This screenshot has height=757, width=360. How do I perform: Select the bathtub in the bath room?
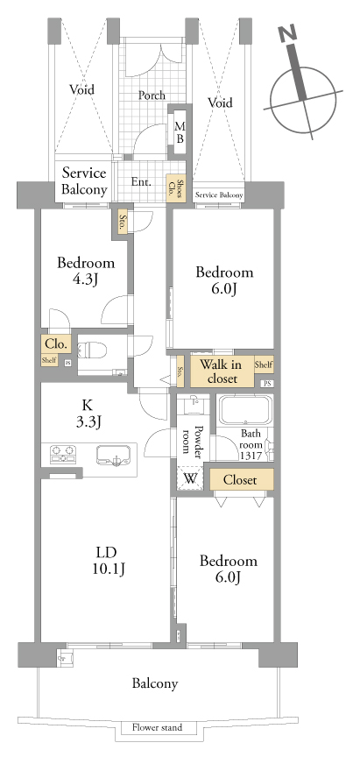tap(245, 410)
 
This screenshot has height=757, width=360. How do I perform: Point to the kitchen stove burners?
tap(63, 455)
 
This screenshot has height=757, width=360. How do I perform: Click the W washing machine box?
tap(191, 479)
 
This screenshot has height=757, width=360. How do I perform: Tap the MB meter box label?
tap(180, 131)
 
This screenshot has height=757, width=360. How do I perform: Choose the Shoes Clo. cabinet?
tap(176, 188)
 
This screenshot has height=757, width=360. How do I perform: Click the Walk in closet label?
tap(222, 371)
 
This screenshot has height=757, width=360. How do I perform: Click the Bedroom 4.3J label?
tap(86, 271)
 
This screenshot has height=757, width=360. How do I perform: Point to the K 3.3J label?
tap(89, 414)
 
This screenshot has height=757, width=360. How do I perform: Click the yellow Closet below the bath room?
tap(241, 479)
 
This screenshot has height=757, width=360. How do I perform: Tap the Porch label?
tap(152, 96)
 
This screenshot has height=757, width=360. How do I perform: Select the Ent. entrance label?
tap(141, 182)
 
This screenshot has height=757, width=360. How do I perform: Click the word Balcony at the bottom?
tap(155, 683)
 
